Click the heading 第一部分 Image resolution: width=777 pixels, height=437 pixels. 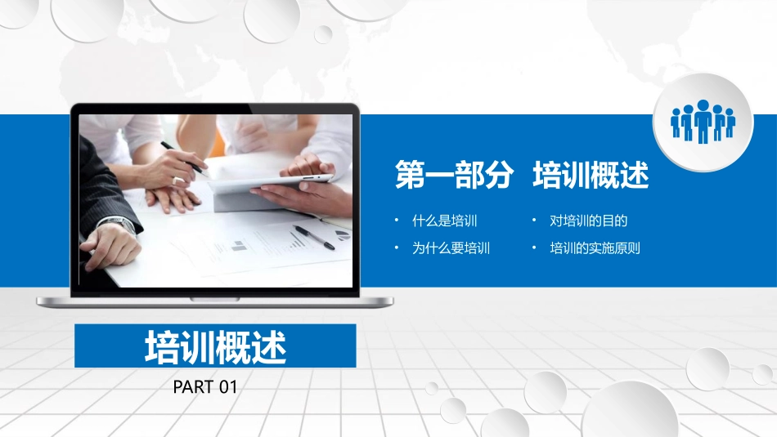tap(454, 176)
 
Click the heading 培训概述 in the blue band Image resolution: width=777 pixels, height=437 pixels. tap(591, 176)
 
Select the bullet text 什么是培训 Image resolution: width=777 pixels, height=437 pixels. tap(445, 221)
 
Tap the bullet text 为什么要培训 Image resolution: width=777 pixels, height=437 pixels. tap(451, 248)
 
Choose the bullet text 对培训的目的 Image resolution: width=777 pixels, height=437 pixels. tap(589, 221)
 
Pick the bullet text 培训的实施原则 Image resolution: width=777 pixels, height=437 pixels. tap(595, 248)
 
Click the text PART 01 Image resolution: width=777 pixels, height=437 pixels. tap(205, 387)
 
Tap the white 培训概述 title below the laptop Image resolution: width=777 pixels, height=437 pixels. tap(216, 347)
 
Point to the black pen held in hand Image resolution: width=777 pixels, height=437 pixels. tap(182, 157)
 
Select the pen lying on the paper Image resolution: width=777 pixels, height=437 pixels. tap(314, 237)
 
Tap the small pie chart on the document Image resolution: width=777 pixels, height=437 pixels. tap(343, 234)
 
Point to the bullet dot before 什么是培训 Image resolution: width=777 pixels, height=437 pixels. tap(396, 221)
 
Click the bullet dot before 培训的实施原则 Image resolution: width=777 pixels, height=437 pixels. tap(533, 248)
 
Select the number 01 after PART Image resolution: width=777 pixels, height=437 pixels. tap(227, 387)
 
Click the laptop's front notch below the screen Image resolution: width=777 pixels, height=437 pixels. tap(214, 299)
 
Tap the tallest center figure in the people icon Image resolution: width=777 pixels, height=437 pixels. tap(703, 120)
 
